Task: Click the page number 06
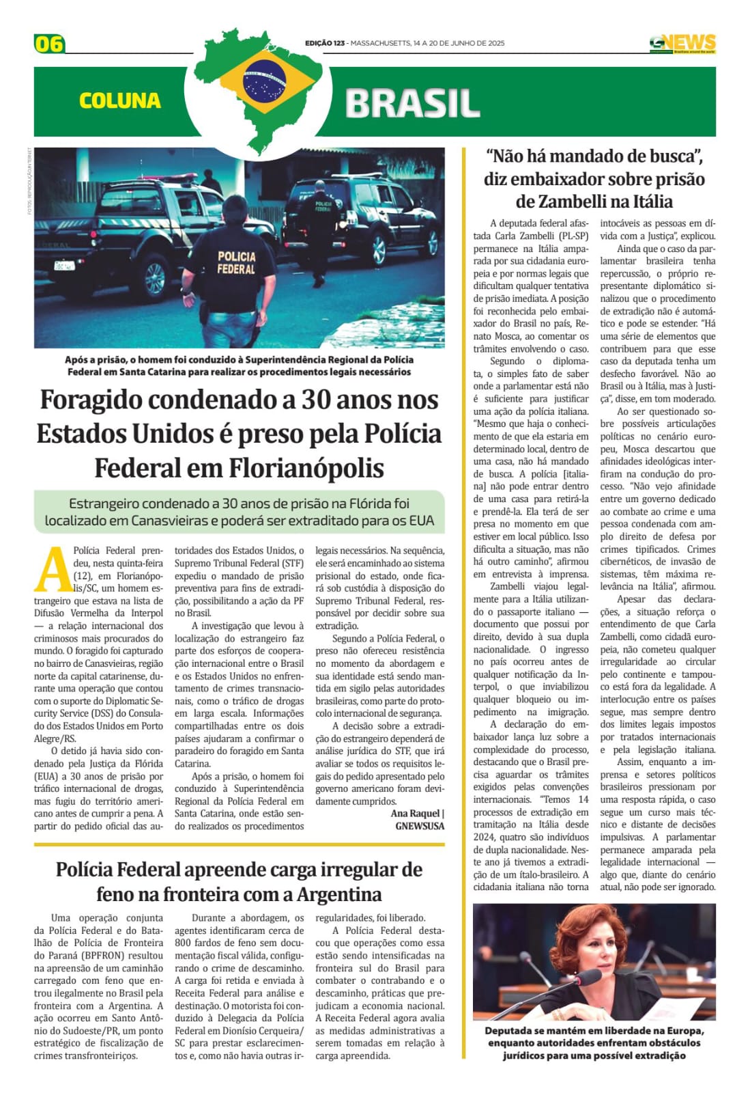[49, 44]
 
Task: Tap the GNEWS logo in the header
[682, 43]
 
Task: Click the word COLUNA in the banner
[119, 101]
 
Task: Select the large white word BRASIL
[412, 104]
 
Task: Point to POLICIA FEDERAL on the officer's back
[236, 263]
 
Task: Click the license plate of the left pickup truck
[65, 265]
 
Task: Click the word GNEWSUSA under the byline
[420, 826]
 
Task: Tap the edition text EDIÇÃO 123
[325, 43]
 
